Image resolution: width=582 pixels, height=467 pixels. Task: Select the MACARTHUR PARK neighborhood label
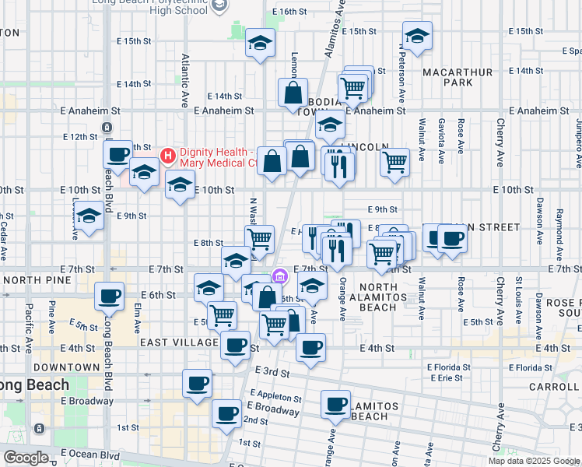tap(458, 77)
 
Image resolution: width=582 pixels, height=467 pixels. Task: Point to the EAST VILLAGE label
tap(179, 342)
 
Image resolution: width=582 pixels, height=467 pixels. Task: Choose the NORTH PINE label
tap(33, 279)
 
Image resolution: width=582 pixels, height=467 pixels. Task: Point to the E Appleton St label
tap(274, 396)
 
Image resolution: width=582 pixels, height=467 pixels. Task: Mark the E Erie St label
tap(445, 377)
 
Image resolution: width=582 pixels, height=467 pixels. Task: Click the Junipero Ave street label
tap(578, 143)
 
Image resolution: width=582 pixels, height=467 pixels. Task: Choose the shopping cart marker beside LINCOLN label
tap(394, 162)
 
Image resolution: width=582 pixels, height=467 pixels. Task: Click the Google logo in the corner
tap(26, 458)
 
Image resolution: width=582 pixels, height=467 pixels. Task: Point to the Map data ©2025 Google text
tap(534, 461)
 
